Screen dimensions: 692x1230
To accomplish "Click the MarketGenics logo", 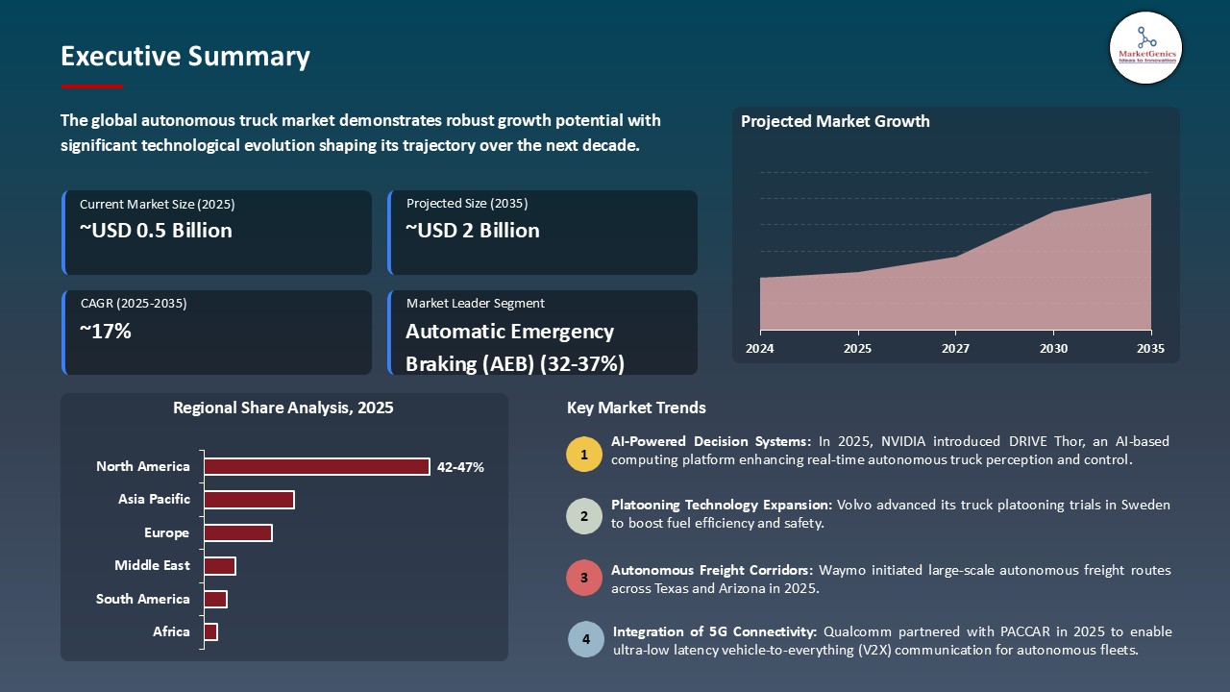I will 1145,47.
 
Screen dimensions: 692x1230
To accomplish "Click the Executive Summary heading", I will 184,57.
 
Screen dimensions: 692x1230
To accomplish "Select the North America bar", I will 316,467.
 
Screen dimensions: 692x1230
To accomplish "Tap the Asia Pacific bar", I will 249,500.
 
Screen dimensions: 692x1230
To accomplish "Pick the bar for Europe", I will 238,532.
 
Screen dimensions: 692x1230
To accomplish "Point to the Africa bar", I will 210,631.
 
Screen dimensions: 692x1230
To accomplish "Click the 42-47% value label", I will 460,467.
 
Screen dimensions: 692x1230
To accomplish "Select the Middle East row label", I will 152,566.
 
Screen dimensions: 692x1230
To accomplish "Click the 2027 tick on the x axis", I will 955,349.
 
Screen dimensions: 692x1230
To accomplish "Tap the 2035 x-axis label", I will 1149,349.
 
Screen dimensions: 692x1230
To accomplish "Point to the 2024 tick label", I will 760,349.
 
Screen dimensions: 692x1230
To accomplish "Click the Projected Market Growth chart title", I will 834,121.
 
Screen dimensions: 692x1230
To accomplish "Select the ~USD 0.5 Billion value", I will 156,231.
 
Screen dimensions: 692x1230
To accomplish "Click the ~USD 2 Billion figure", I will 472,231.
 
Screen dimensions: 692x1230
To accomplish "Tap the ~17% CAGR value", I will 106,332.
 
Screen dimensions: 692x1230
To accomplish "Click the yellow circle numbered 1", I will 583,454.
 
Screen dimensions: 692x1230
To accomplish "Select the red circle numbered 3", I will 583,579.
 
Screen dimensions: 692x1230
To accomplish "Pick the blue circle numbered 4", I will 585,640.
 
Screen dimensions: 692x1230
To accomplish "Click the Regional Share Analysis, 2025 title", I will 283,408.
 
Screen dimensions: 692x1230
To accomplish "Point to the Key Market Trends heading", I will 636,408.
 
